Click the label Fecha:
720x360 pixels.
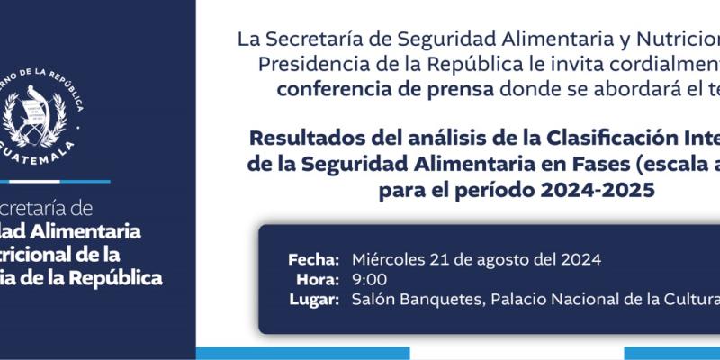(x=313, y=259)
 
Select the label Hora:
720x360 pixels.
(x=318, y=279)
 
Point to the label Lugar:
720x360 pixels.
(x=314, y=300)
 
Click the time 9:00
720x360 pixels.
(x=370, y=279)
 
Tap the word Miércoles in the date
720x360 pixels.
(x=390, y=259)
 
